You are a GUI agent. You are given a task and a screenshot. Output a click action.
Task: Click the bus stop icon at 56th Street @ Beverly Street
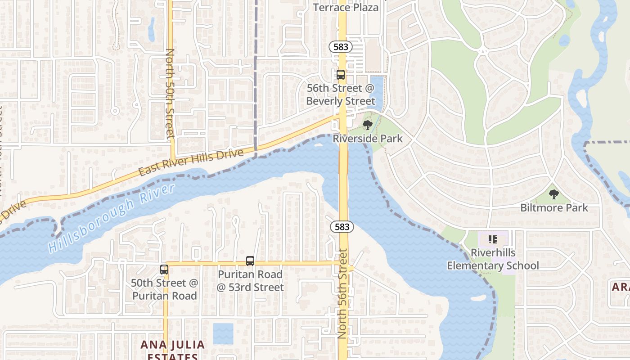pos(341,75)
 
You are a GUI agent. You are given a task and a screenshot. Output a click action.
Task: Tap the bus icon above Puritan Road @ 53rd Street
pos(250,261)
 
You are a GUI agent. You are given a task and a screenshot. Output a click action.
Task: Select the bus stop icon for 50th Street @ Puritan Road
pos(164,270)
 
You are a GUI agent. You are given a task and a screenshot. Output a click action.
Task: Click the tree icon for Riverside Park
pos(367,125)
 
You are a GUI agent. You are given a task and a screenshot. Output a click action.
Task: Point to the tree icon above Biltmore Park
pos(554,194)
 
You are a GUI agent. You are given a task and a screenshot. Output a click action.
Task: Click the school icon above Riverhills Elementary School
pos(492,239)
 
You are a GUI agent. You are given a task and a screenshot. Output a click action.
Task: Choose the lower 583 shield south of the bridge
pos(342,227)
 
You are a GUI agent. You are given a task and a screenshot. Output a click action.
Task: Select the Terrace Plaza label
pos(346,7)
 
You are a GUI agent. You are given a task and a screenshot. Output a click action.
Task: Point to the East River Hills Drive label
pos(191,162)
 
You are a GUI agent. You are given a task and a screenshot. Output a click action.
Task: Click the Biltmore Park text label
pos(554,207)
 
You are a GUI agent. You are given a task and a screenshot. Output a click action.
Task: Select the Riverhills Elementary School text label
pos(493,259)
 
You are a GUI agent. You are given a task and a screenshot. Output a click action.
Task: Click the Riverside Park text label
pos(368,138)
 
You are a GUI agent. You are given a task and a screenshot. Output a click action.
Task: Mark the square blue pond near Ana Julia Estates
pos(223,333)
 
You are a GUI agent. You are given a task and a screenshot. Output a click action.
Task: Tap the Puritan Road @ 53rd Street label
pos(250,281)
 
